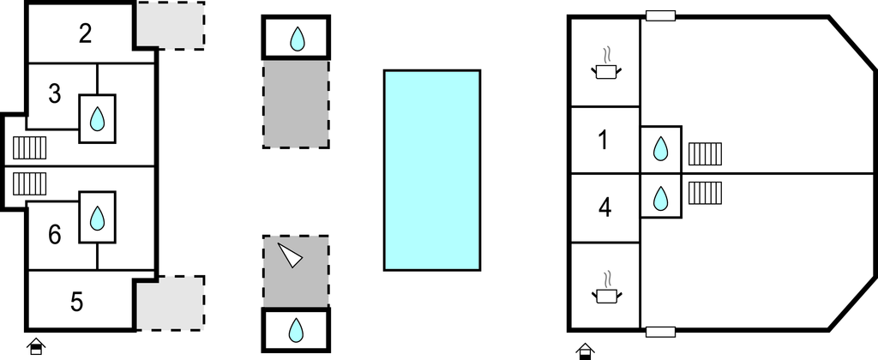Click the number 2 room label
(x=85, y=34)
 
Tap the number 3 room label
(x=54, y=94)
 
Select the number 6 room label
(x=54, y=235)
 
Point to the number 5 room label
(x=77, y=302)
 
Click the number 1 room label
(x=603, y=140)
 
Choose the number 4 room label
(x=604, y=207)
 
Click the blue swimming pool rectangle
(x=432, y=171)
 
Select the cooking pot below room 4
(x=606, y=288)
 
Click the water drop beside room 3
(x=98, y=119)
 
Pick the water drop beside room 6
(x=98, y=219)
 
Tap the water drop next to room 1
(x=661, y=149)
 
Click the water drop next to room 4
(x=661, y=198)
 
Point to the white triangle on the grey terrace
(x=290, y=255)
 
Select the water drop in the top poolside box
(x=297, y=39)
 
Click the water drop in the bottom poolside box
(x=296, y=330)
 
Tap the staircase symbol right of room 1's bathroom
(x=705, y=154)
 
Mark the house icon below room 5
(x=36, y=346)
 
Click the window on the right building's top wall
(x=661, y=15)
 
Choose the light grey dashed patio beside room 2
(x=171, y=26)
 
